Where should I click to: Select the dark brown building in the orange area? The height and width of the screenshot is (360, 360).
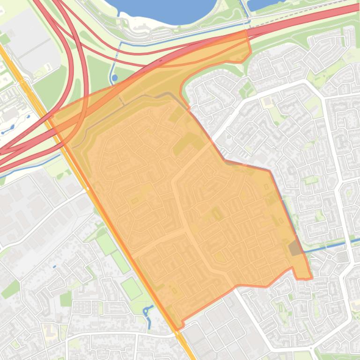[295, 248]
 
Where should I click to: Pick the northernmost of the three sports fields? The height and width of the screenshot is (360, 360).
[106, 243]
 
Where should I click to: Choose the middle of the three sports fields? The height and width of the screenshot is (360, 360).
[121, 262]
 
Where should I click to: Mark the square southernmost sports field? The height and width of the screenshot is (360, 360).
[132, 288]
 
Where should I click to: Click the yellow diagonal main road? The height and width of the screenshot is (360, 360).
[28, 94]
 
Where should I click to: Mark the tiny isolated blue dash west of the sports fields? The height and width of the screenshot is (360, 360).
[55, 266]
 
